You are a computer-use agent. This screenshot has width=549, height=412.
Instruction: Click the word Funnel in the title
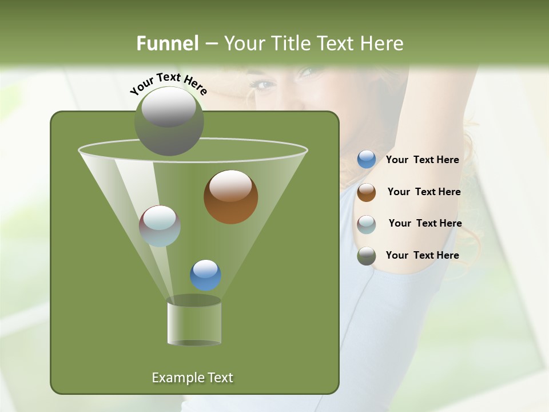coord(168,43)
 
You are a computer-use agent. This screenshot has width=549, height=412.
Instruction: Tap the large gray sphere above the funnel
coord(169,121)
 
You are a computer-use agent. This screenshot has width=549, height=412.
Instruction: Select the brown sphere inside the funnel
coord(230,197)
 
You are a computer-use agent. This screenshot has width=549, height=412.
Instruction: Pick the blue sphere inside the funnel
coord(205,275)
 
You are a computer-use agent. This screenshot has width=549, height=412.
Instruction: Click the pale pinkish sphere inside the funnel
coord(160,226)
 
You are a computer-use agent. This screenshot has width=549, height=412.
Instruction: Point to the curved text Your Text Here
coord(169,83)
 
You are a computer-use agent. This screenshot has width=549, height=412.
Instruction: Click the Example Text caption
coord(192,378)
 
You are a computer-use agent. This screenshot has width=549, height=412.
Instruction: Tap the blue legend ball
coord(367,160)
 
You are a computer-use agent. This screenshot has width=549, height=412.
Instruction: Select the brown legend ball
coord(367,192)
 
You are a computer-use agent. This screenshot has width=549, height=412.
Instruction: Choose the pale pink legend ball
coord(367,224)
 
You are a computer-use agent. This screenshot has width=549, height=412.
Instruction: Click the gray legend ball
coord(367,256)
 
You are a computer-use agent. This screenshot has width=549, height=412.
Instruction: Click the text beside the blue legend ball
coord(422,160)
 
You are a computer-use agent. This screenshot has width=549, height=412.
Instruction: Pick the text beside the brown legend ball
coord(424,192)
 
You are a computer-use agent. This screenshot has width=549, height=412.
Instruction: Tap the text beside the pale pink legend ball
coord(425,223)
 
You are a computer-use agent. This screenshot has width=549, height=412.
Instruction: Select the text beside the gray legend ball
coord(422,255)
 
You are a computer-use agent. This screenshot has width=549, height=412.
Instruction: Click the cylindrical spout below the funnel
coord(194,323)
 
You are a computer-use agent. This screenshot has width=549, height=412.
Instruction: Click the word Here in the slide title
coord(383,43)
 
